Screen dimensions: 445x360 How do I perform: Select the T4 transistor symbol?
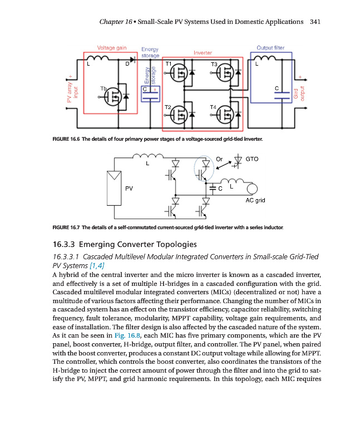[x=226, y=115]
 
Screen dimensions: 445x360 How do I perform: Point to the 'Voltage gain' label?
[x=112, y=48]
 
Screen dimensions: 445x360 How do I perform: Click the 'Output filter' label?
[x=270, y=48]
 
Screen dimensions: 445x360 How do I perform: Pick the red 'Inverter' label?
[x=203, y=53]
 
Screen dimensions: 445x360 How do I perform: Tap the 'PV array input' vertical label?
[x=71, y=89]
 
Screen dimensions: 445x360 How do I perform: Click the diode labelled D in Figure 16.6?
[x=133, y=58]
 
